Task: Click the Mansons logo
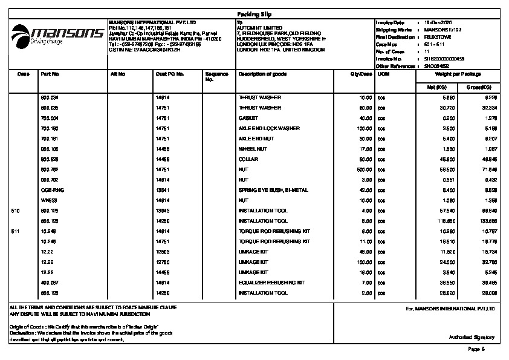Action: [57, 34]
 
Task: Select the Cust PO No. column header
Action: [170, 74]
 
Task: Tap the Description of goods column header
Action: [262, 74]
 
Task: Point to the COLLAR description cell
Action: [248, 159]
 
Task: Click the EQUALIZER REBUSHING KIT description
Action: [271, 283]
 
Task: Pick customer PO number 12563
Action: [163, 252]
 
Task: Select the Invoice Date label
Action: [388, 22]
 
